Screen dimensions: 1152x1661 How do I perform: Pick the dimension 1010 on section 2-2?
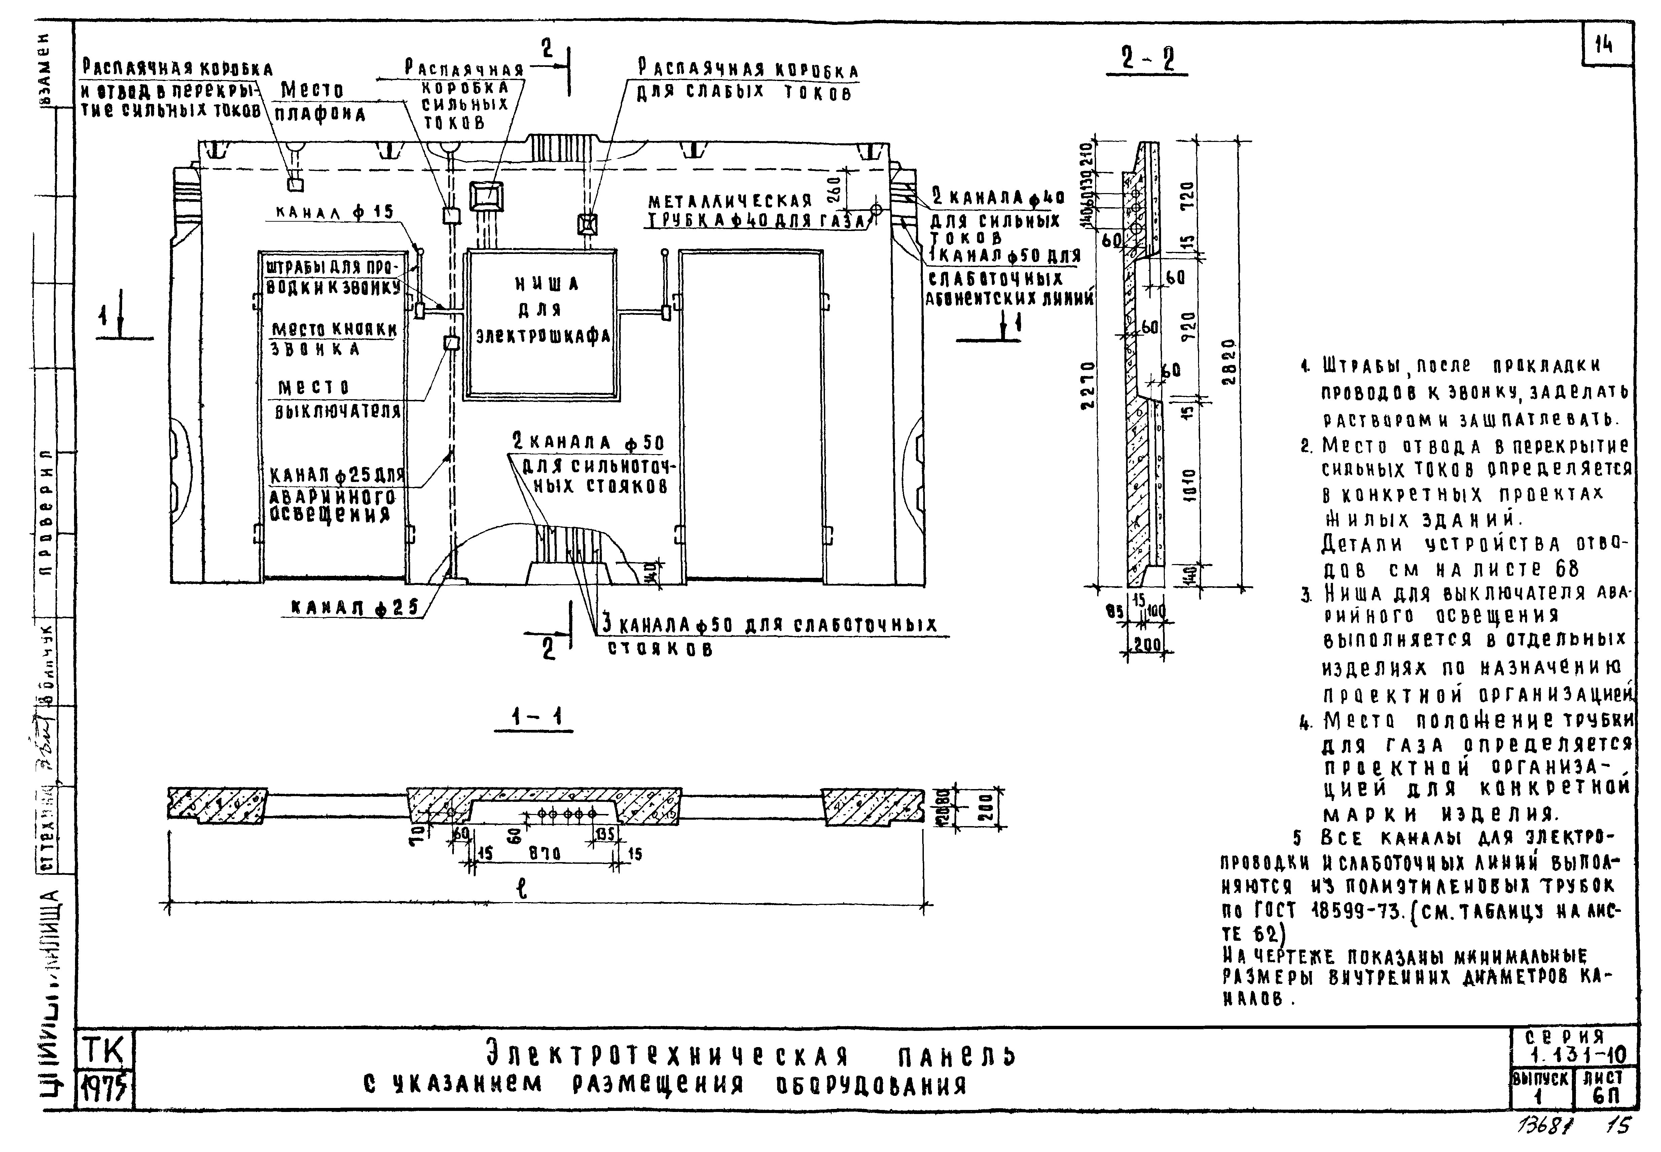point(1190,484)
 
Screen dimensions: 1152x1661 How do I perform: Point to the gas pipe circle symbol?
point(876,209)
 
